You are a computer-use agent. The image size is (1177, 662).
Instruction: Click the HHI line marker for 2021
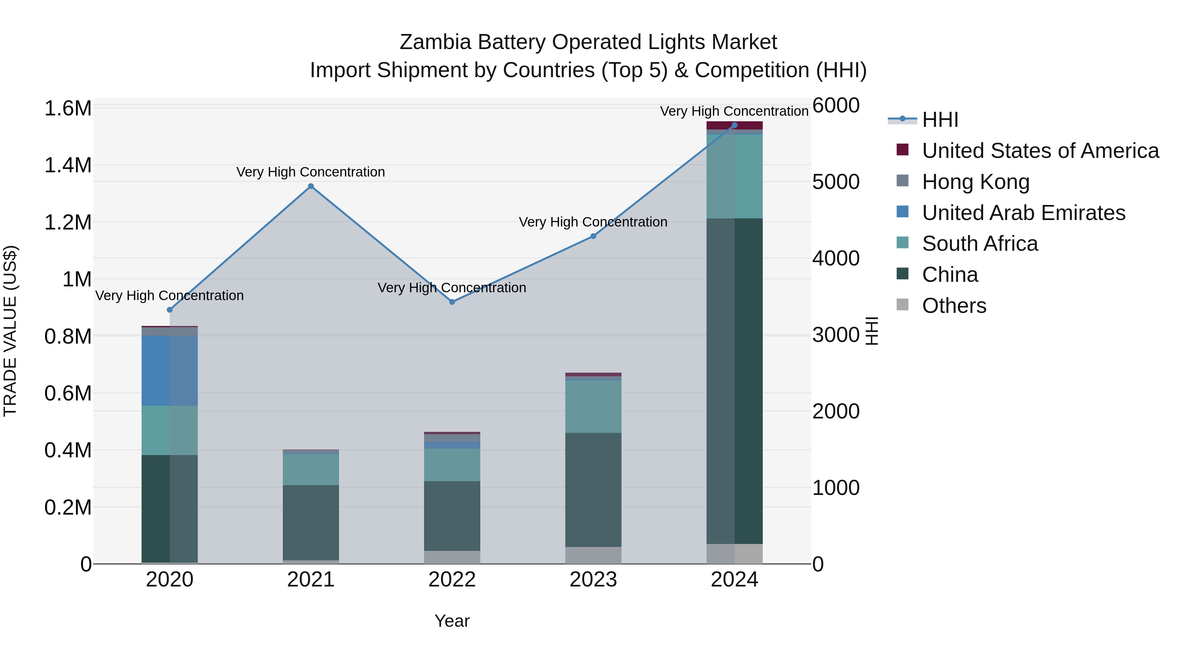(311, 186)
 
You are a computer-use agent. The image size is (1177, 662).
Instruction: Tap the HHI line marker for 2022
(452, 302)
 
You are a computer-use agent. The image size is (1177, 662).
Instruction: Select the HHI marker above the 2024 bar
(734, 125)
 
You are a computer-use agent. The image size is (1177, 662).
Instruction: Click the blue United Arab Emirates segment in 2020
(169, 370)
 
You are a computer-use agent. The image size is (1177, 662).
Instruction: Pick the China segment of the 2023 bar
(593, 489)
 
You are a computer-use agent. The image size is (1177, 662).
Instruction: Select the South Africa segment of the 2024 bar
(734, 176)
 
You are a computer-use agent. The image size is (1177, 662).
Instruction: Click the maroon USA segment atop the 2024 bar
(734, 125)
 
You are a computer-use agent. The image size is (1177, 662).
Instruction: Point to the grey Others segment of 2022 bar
(452, 557)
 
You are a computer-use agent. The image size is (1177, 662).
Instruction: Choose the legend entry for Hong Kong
(976, 182)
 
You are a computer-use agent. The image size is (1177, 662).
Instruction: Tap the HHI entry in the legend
(940, 120)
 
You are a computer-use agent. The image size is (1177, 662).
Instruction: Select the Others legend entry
(954, 306)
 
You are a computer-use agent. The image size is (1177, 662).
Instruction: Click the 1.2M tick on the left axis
(68, 223)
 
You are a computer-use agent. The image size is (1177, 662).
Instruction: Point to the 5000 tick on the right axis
(836, 182)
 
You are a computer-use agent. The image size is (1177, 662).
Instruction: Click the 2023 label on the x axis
(593, 580)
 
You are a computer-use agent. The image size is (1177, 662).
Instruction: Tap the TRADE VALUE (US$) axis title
(10, 331)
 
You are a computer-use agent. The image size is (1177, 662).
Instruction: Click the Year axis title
(452, 621)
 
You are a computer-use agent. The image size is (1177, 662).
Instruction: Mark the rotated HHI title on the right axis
(872, 331)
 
